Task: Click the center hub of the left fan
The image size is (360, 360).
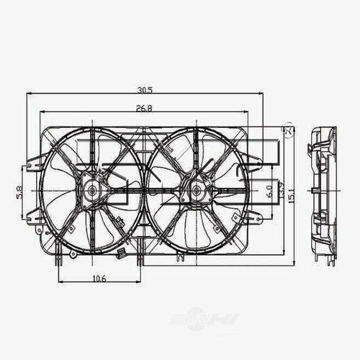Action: coord(92,192)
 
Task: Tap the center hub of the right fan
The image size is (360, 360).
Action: coord(195,192)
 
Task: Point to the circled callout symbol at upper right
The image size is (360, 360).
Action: coord(289,132)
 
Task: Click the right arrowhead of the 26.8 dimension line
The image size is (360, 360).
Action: coord(246,112)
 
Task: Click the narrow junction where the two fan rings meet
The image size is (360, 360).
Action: coord(144,192)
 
